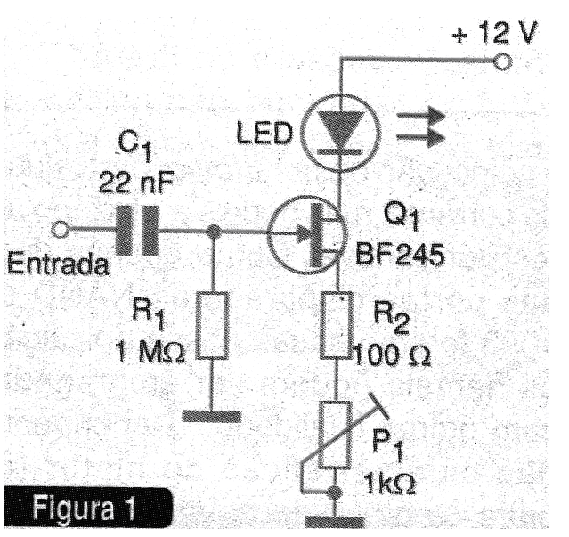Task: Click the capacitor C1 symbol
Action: coord(135,231)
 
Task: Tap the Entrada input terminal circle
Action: coord(61,231)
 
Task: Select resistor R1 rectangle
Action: coord(214,325)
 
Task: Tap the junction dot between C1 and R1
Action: coord(214,232)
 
